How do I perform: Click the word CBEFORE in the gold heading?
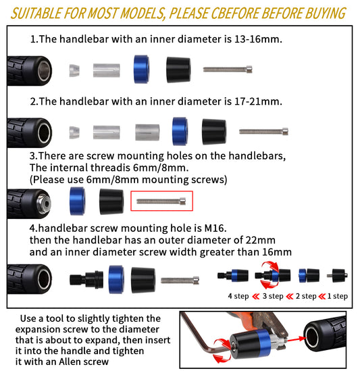click(x=236, y=14)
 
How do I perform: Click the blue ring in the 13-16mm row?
click(x=141, y=70)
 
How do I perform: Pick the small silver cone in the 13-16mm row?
click(x=74, y=70)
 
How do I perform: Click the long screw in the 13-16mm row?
click(x=228, y=70)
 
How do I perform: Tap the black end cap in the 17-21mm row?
click(x=214, y=132)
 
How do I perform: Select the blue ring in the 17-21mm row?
click(x=180, y=131)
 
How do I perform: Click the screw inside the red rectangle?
click(x=161, y=201)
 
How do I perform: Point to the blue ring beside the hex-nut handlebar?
click(x=77, y=201)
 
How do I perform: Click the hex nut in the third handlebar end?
click(x=44, y=203)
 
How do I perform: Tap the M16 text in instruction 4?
click(x=214, y=228)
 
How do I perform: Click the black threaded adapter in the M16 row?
click(x=86, y=280)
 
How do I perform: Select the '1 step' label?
click(x=338, y=296)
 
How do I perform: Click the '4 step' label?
click(x=238, y=296)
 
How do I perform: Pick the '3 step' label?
click(x=273, y=296)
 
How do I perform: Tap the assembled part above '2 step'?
click(x=309, y=276)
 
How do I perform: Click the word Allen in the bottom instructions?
click(x=70, y=362)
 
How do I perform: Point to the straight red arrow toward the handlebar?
click(x=297, y=340)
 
